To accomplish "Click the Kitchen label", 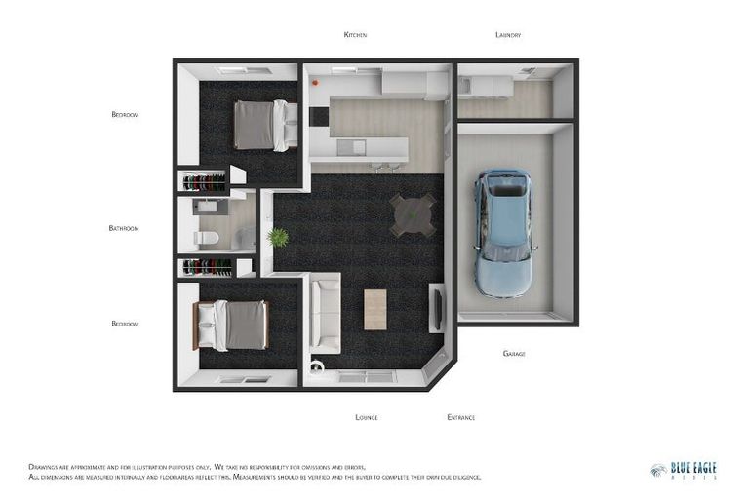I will click(x=355, y=35).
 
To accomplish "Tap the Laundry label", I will click(x=508, y=35).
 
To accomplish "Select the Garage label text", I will click(x=514, y=354).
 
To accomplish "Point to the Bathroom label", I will click(x=124, y=228).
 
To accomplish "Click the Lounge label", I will click(x=367, y=417).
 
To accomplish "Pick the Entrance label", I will click(x=460, y=417).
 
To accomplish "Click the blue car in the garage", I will click(x=504, y=232).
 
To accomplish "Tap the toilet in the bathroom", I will click(x=207, y=238).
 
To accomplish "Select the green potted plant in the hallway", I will click(x=279, y=237).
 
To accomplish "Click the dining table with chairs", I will click(x=413, y=213).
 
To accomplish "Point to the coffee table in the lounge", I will click(x=374, y=310).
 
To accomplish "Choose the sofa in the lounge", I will click(x=324, y=312).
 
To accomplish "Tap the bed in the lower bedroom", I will click(x=233, y=325).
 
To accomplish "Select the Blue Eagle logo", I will click(x=684, y=470).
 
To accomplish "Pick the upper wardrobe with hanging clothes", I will click(x=205, y=181).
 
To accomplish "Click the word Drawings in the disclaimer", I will click(x=48, y=466).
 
